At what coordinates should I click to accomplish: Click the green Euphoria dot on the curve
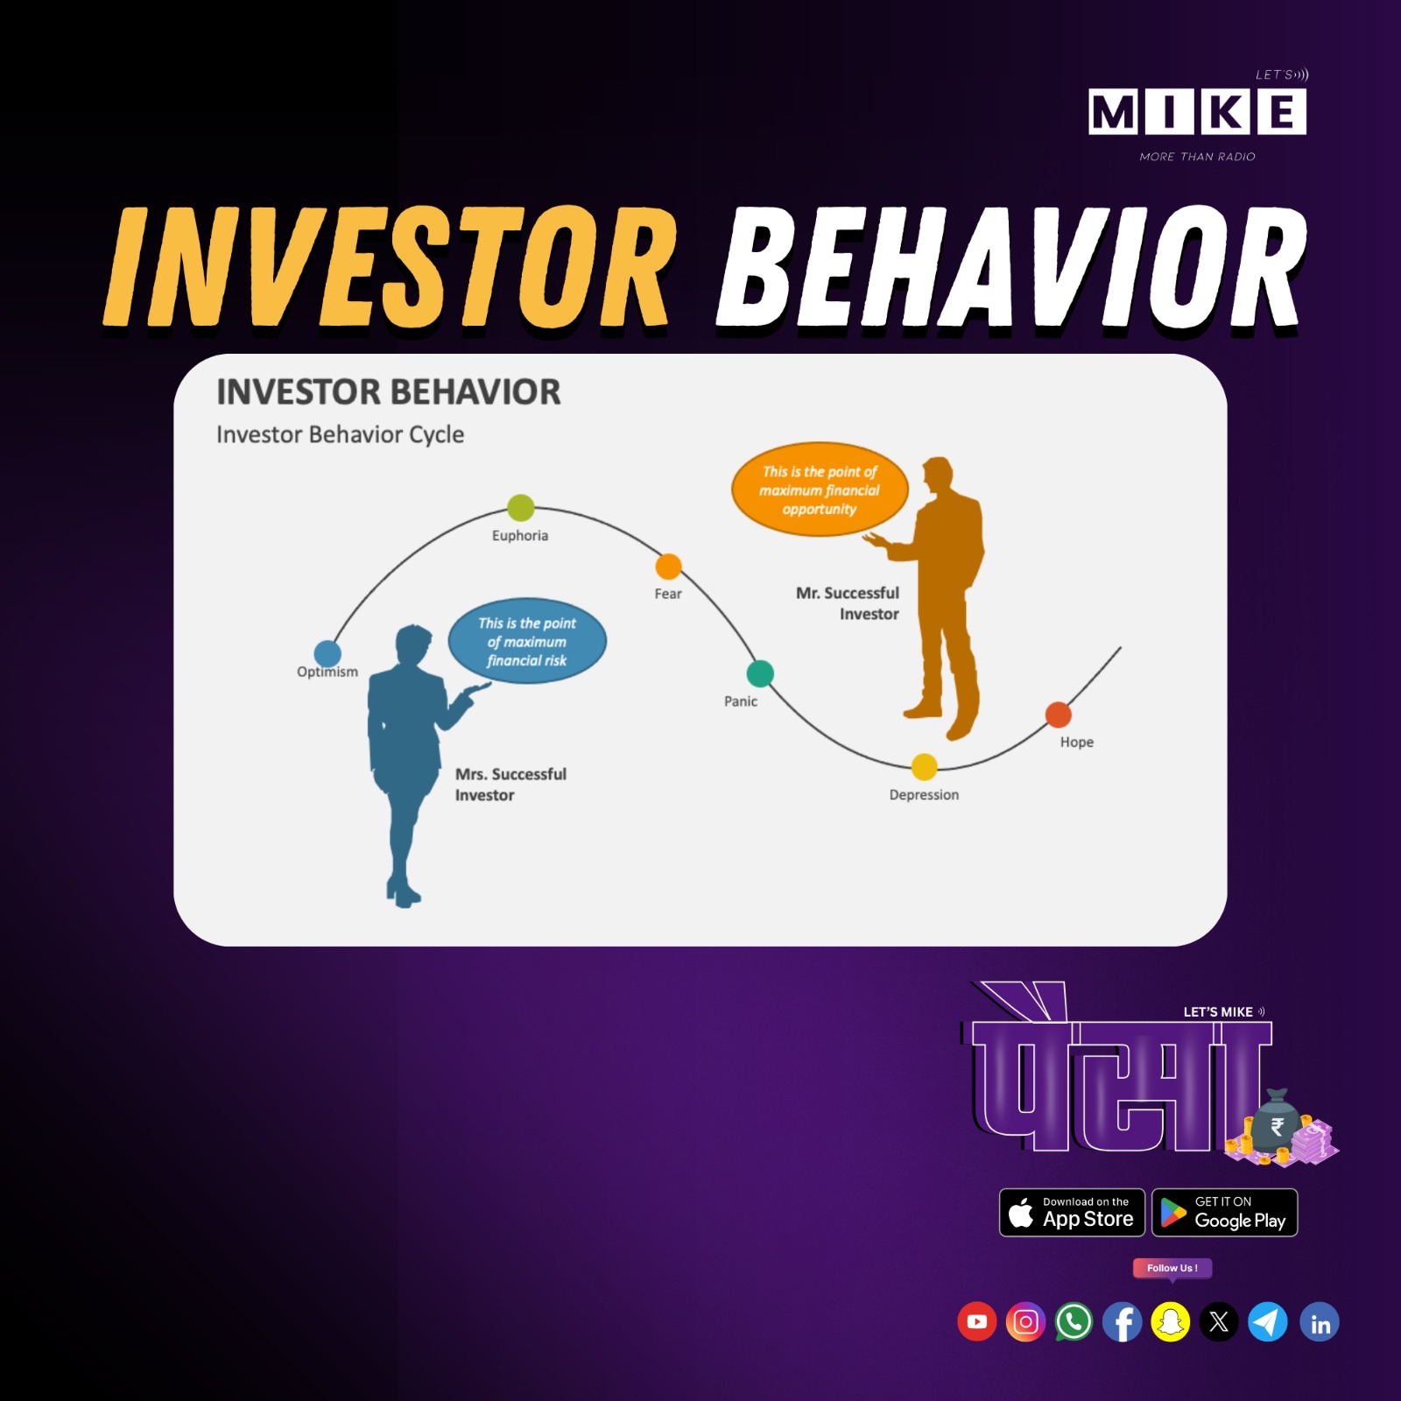pyautogui.click(x=521, y=507)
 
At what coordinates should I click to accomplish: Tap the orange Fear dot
pyautogui.click(x=668, y=567)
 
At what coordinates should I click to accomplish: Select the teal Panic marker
pyautogui.click(x=760, y=673)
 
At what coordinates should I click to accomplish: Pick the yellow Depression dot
pyautogui.click(x=924, y=767)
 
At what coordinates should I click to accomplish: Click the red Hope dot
pyautogui.click(x=1059, y=715)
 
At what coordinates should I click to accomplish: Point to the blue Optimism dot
pyautogui.click(x=327, y=653)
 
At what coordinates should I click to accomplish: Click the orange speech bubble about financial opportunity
pyautogui.click(x=820, y=489)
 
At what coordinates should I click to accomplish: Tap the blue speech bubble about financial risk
pyautogui.click(x=527, y=642)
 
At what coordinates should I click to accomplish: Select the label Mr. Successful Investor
pyautogui.click(x=848, y=603)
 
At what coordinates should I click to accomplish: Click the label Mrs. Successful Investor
pyautogui.click(x=510, y=785)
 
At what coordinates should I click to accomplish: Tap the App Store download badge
pyautogui.click(x=1072, y=1213)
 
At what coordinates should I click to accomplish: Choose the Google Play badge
pyautogui.click(x=1224, y=1213)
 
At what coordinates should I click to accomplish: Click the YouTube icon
pyautogui.click(x=977, y=1321)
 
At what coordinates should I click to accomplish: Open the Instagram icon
pyautogui.click(x=1025, y=1321)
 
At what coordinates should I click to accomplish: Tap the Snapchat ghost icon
pyautogui.click(x=1171, y=1321)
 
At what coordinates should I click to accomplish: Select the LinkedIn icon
pyautogui.click(x=1320, y=1321)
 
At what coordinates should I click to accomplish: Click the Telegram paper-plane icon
pyautogui.click(x=1267, y=1321)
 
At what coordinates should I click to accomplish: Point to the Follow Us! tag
pyautogui.click(x=1172, y=1269)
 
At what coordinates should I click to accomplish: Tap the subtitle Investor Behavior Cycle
pyautogui.click(x=340, y=435)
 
